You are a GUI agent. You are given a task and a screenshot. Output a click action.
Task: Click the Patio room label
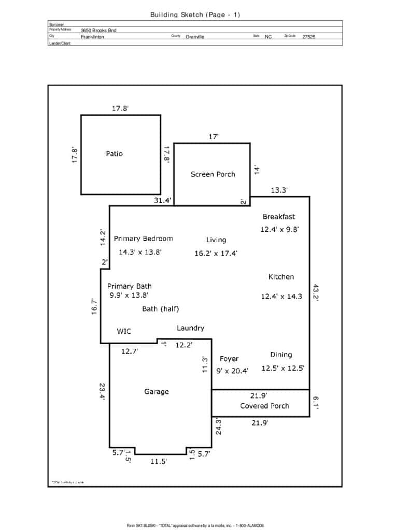pyautogui.click(x=114, y=154)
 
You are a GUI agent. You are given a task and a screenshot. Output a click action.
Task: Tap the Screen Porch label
pyautogui.click(x=213, y=174)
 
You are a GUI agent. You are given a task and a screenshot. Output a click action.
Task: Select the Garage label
pyautogui.click(x=156, y=392)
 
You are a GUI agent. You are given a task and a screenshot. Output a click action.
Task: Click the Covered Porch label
pyautogui.click(x=264, y=406)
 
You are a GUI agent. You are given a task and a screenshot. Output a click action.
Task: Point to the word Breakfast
pyautogui.click(x=278, y=217)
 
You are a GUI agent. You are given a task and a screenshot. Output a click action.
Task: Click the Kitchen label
pyautogui.click(x=281, y=277)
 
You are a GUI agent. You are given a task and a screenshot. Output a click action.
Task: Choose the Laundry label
pyautogui.click(x=190, y=328)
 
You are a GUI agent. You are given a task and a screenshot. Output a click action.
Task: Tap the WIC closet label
pyautogui.click(x=124, y=332)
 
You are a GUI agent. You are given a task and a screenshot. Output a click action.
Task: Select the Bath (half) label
pyautogui.click(x=160, y=309)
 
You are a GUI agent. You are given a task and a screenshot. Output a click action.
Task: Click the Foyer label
pyautogui.click(x=229, y=359)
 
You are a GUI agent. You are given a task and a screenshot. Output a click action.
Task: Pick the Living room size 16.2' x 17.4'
pyautogui.click(x=216, y=254)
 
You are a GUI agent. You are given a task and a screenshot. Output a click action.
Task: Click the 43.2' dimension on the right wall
pyautogui.click(x=316, y=293)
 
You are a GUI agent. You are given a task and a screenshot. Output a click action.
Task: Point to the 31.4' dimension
pyautogui.click(x=162, y=201)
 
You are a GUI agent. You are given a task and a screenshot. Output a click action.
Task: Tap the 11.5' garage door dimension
pyautogui.click(x=158, y=462)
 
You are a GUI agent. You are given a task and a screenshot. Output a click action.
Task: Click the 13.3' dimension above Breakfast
pyautogui.click(x=279, y=190)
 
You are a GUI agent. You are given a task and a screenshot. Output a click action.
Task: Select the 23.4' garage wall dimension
pyautogui.click(x=103, y=391)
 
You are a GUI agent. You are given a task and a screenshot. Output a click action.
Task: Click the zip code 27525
pyautogui.click(x=308, y=37)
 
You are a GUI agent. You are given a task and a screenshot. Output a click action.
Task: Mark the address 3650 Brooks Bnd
pyautogui.click(x=98, y=31)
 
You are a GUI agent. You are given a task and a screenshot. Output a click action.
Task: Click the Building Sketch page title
pyautogui.click(x=195, y=14)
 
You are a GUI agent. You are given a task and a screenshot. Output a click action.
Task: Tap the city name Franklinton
pyautogui.click(x=92, y=37)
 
